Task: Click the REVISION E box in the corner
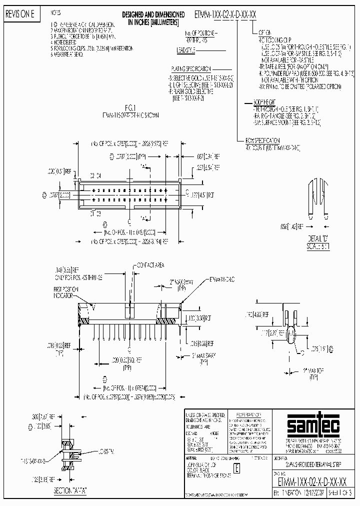coord(19,14)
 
